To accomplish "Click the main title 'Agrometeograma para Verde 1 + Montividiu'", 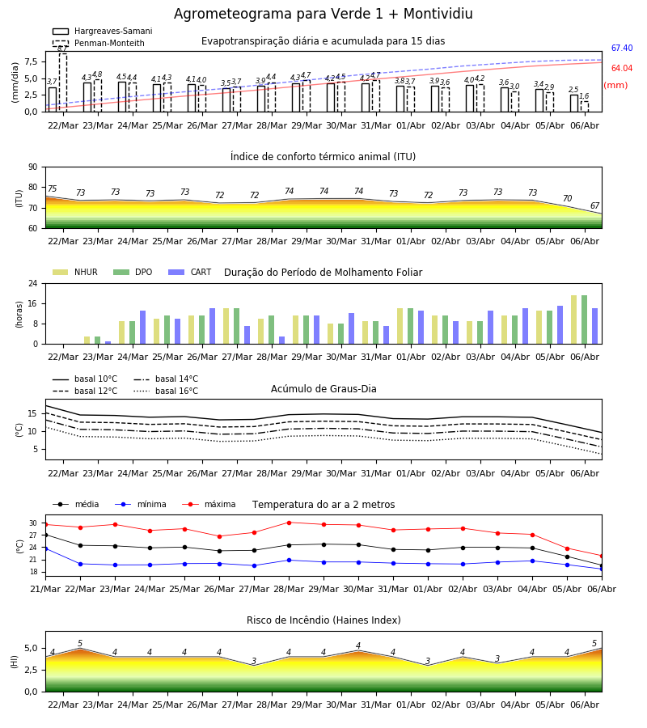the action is (323, 14).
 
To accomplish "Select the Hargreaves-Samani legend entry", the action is (103, 31).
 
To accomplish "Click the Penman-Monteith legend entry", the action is (99, 43).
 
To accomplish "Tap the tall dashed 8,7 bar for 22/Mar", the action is (62, 83).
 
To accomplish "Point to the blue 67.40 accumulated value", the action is (622, 48).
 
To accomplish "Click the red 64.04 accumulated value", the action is (622, 68).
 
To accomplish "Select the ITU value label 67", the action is (595, 205).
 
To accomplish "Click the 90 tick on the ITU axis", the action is (33, 167).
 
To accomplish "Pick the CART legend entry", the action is (190, 272).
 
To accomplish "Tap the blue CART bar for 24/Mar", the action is (142, 328).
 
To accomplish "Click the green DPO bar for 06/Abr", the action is (585, 320).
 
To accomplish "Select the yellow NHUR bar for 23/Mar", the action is (87, 341).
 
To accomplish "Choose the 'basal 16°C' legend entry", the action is (166, 391).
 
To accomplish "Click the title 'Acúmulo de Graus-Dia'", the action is (323, 389).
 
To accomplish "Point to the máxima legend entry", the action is (209, 504).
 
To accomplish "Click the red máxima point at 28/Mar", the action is (290, 523).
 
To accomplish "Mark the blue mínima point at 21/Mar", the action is (45, 548).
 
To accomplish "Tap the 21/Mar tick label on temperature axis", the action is (45, 589).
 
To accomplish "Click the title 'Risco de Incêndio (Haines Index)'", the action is (323, 620).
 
